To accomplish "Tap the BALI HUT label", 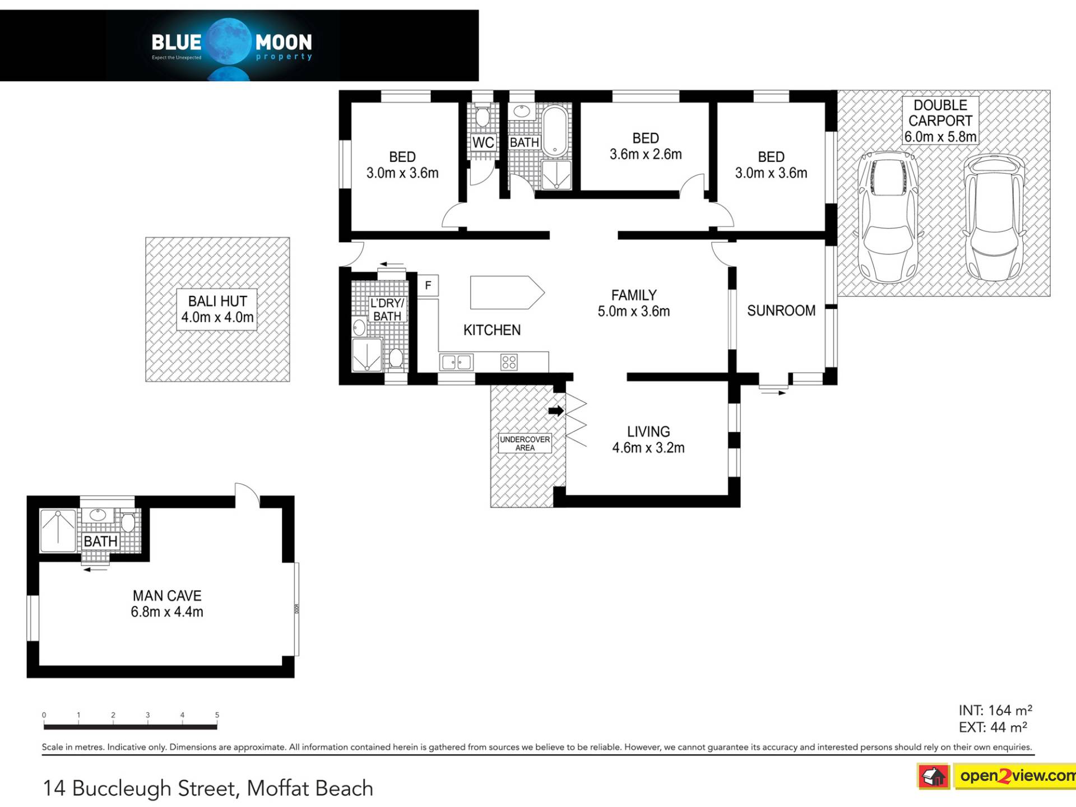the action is coord(217,309).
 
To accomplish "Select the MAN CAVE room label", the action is coord(167,604).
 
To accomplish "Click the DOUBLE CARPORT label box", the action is coord(940,120).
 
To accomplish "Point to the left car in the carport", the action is coord(888,217).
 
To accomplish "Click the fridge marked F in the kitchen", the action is coord(428,285).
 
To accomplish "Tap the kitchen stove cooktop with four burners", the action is coord(509,361).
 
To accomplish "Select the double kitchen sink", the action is coord(456,362).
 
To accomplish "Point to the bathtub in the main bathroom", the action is coord(555,131).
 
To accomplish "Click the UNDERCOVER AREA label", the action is coord(525,443).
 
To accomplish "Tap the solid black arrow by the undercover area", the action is coord(556,411).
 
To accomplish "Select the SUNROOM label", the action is coord(781,310).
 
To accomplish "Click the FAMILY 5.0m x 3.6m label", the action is coord(634,303).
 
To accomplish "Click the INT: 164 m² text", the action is coord(995,710).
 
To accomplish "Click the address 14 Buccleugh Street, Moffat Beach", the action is coord(208,788).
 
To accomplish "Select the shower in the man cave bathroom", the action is coord(58,530).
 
